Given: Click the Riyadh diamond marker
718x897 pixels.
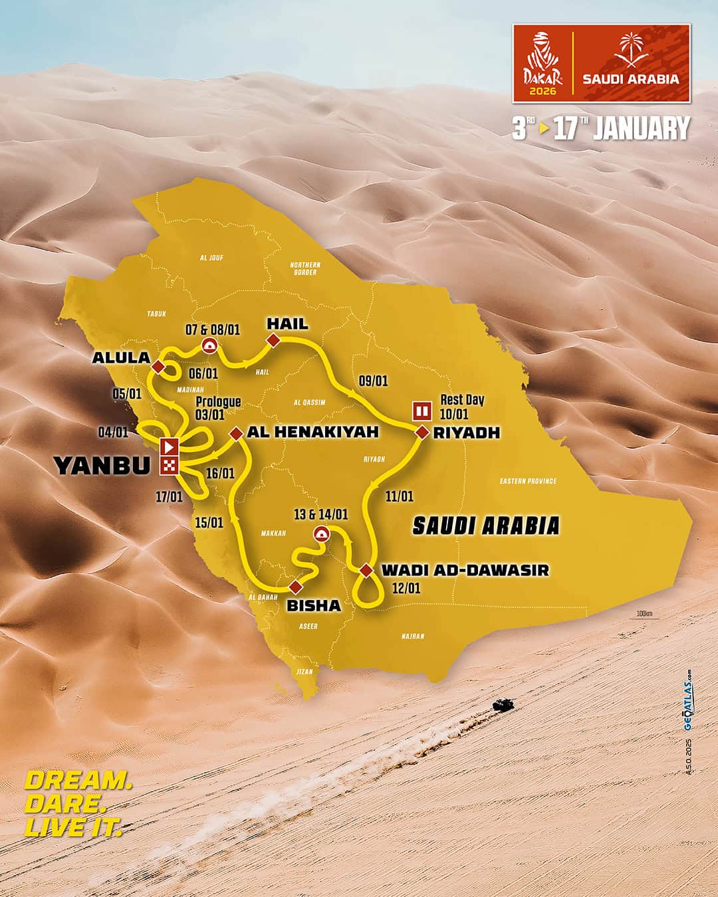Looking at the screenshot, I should [421, 433].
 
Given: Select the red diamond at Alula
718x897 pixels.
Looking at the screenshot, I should [158, 367].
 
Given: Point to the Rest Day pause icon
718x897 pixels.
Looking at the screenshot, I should [421, 410].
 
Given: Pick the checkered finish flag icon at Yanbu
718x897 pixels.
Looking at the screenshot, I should [170, 466].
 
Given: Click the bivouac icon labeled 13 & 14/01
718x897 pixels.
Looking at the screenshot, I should [322, 533].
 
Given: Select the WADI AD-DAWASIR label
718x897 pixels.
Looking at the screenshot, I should [465, 570].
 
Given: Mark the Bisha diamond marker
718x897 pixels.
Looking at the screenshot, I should [295, 587].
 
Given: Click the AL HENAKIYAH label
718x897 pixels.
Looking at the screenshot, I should [312, 432].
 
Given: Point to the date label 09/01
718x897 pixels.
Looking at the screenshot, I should [373, 381].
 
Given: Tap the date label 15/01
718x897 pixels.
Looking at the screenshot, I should [209, 522].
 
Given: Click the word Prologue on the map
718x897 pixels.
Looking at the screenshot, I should [218, 402].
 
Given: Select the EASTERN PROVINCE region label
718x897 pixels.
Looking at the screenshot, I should [528, 481].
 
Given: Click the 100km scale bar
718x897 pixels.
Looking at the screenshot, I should [644, 615].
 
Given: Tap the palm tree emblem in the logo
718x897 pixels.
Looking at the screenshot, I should [631, 51].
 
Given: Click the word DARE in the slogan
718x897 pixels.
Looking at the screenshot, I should [65, 803].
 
